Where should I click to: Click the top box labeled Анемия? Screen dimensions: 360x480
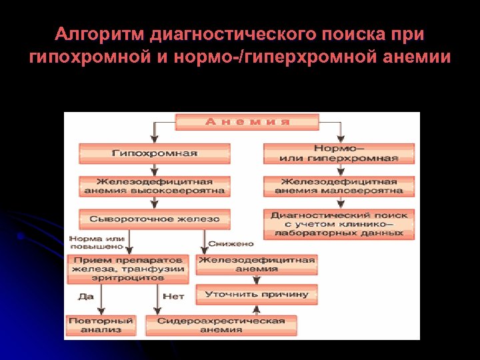click(247, 122)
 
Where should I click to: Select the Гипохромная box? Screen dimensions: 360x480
click(154, 153)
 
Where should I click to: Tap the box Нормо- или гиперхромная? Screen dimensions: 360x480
click(339, 153)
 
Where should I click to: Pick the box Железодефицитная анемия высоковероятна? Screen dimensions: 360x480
click(154, 186)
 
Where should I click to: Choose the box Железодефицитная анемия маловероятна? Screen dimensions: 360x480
click(339, 186)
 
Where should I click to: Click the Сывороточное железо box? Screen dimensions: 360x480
click(154, 219)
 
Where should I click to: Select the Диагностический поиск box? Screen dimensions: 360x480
click(339, 224)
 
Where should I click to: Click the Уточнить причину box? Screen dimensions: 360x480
click(257, 294)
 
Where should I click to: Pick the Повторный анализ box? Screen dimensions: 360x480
click(101, 325)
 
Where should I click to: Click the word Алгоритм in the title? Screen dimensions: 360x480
click(100, 34)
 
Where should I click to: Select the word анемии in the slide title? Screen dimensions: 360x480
click(417, 57)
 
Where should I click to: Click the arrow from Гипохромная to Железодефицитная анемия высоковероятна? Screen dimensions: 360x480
click(154, 169)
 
